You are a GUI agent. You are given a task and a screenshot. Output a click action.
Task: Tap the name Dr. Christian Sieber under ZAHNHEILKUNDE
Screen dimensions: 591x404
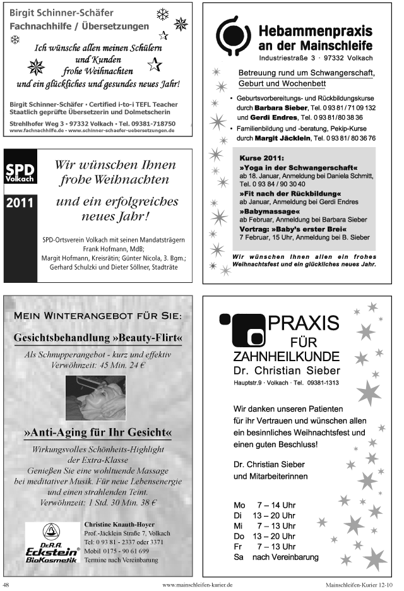[x=287, y=370]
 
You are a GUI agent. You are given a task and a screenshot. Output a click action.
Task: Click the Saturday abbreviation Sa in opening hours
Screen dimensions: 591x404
[x=239, y=558]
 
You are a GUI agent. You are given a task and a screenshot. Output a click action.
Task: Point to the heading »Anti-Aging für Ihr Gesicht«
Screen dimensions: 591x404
[x=98, y=434]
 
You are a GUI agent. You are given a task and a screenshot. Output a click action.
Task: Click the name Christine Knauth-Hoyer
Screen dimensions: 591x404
[x=120, y=524]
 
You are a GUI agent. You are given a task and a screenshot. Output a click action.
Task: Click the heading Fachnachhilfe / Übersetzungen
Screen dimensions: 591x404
[x=80, y=27]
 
